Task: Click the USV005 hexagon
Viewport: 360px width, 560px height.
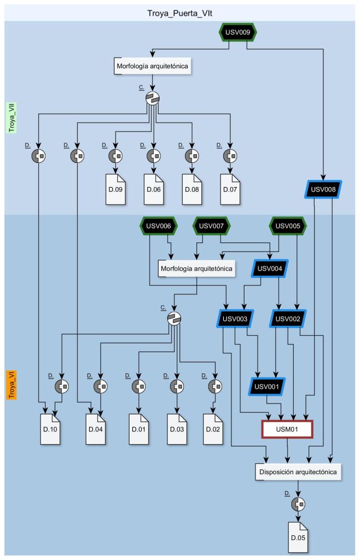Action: click(288, 225)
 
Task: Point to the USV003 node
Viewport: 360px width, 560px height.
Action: click(234, 318)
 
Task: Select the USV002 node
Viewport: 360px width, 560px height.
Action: click(288, 318)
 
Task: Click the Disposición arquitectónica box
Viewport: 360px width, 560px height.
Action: click(298, 471)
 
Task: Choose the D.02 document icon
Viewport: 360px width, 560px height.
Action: click(213, 428)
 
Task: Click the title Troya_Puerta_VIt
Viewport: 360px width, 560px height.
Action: click(180, 11)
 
